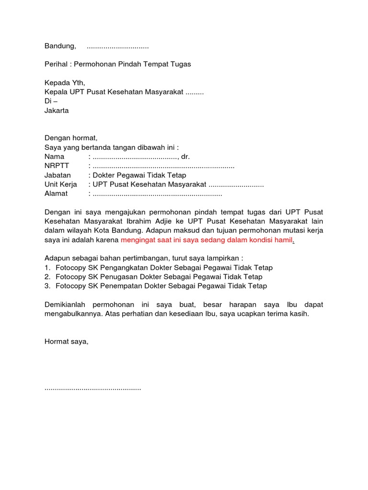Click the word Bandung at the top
pos(60,46)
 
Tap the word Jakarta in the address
pos(57,111)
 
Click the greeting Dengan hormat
pos(71,138)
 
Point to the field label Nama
pos(54,156)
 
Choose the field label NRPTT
pos(57,166)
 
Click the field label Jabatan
pos(57,175)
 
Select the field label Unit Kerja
pos(60,184)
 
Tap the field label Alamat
pos(56,194)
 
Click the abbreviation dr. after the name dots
pos(186,156)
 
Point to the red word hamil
pos(283,240)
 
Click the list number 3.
pos(47,286)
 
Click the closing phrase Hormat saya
pos(67,342)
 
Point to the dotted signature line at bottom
pos(92,388)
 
